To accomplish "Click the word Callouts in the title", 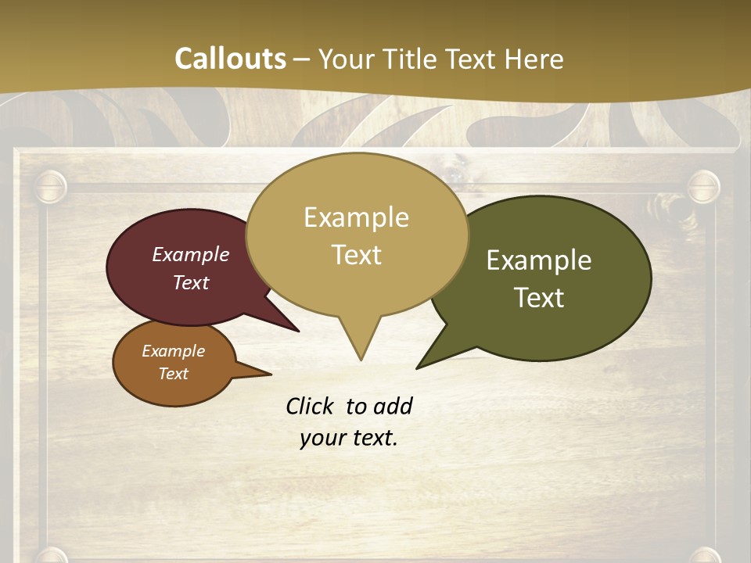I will (230, 59).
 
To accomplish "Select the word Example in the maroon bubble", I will (191, 254).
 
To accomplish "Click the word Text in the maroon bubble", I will (191, 282).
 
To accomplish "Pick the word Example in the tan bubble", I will (356, 217).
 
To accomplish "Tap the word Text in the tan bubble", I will (356, 255).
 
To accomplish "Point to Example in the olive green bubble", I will (539, 260).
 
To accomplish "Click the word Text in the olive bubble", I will (539, 298).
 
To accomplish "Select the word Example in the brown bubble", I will (173, 351).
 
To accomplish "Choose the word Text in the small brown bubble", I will (173, 374).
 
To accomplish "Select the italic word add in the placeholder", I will (393, 406).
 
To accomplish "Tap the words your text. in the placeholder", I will (348, 438).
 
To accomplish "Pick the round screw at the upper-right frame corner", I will (702, 187).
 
